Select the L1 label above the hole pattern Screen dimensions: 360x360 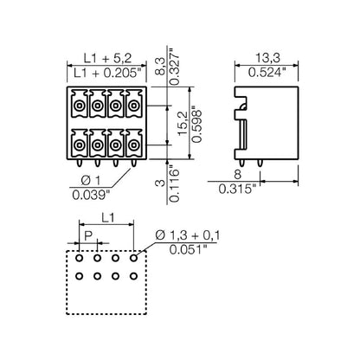[105, 220]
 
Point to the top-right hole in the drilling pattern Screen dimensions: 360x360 [133, 258]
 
